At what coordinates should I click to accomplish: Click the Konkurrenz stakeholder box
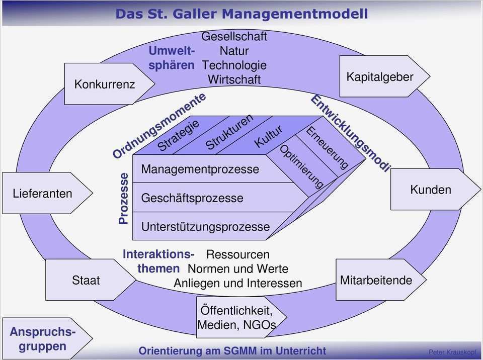(105, 83)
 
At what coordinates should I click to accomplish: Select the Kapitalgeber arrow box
(380, 76)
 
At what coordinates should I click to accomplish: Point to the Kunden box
(431, 190)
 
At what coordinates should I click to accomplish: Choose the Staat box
(86, 280)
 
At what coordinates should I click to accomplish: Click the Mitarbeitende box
(376, 280)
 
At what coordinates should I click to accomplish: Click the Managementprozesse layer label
(200, 169)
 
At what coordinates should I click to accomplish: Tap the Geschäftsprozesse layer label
(192, 198)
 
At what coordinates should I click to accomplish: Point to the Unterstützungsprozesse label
(205, 227)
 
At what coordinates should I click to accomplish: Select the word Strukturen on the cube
(229, 132)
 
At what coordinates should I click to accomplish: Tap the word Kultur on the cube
(268, 137)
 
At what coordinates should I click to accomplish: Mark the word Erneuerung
(327, 148)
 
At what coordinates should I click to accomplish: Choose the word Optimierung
(301, 166)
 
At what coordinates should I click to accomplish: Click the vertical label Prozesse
(123, 198)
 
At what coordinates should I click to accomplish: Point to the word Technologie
(234, 65)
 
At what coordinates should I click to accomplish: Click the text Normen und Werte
(238, 269)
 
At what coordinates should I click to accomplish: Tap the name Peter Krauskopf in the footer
(452, 352)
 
